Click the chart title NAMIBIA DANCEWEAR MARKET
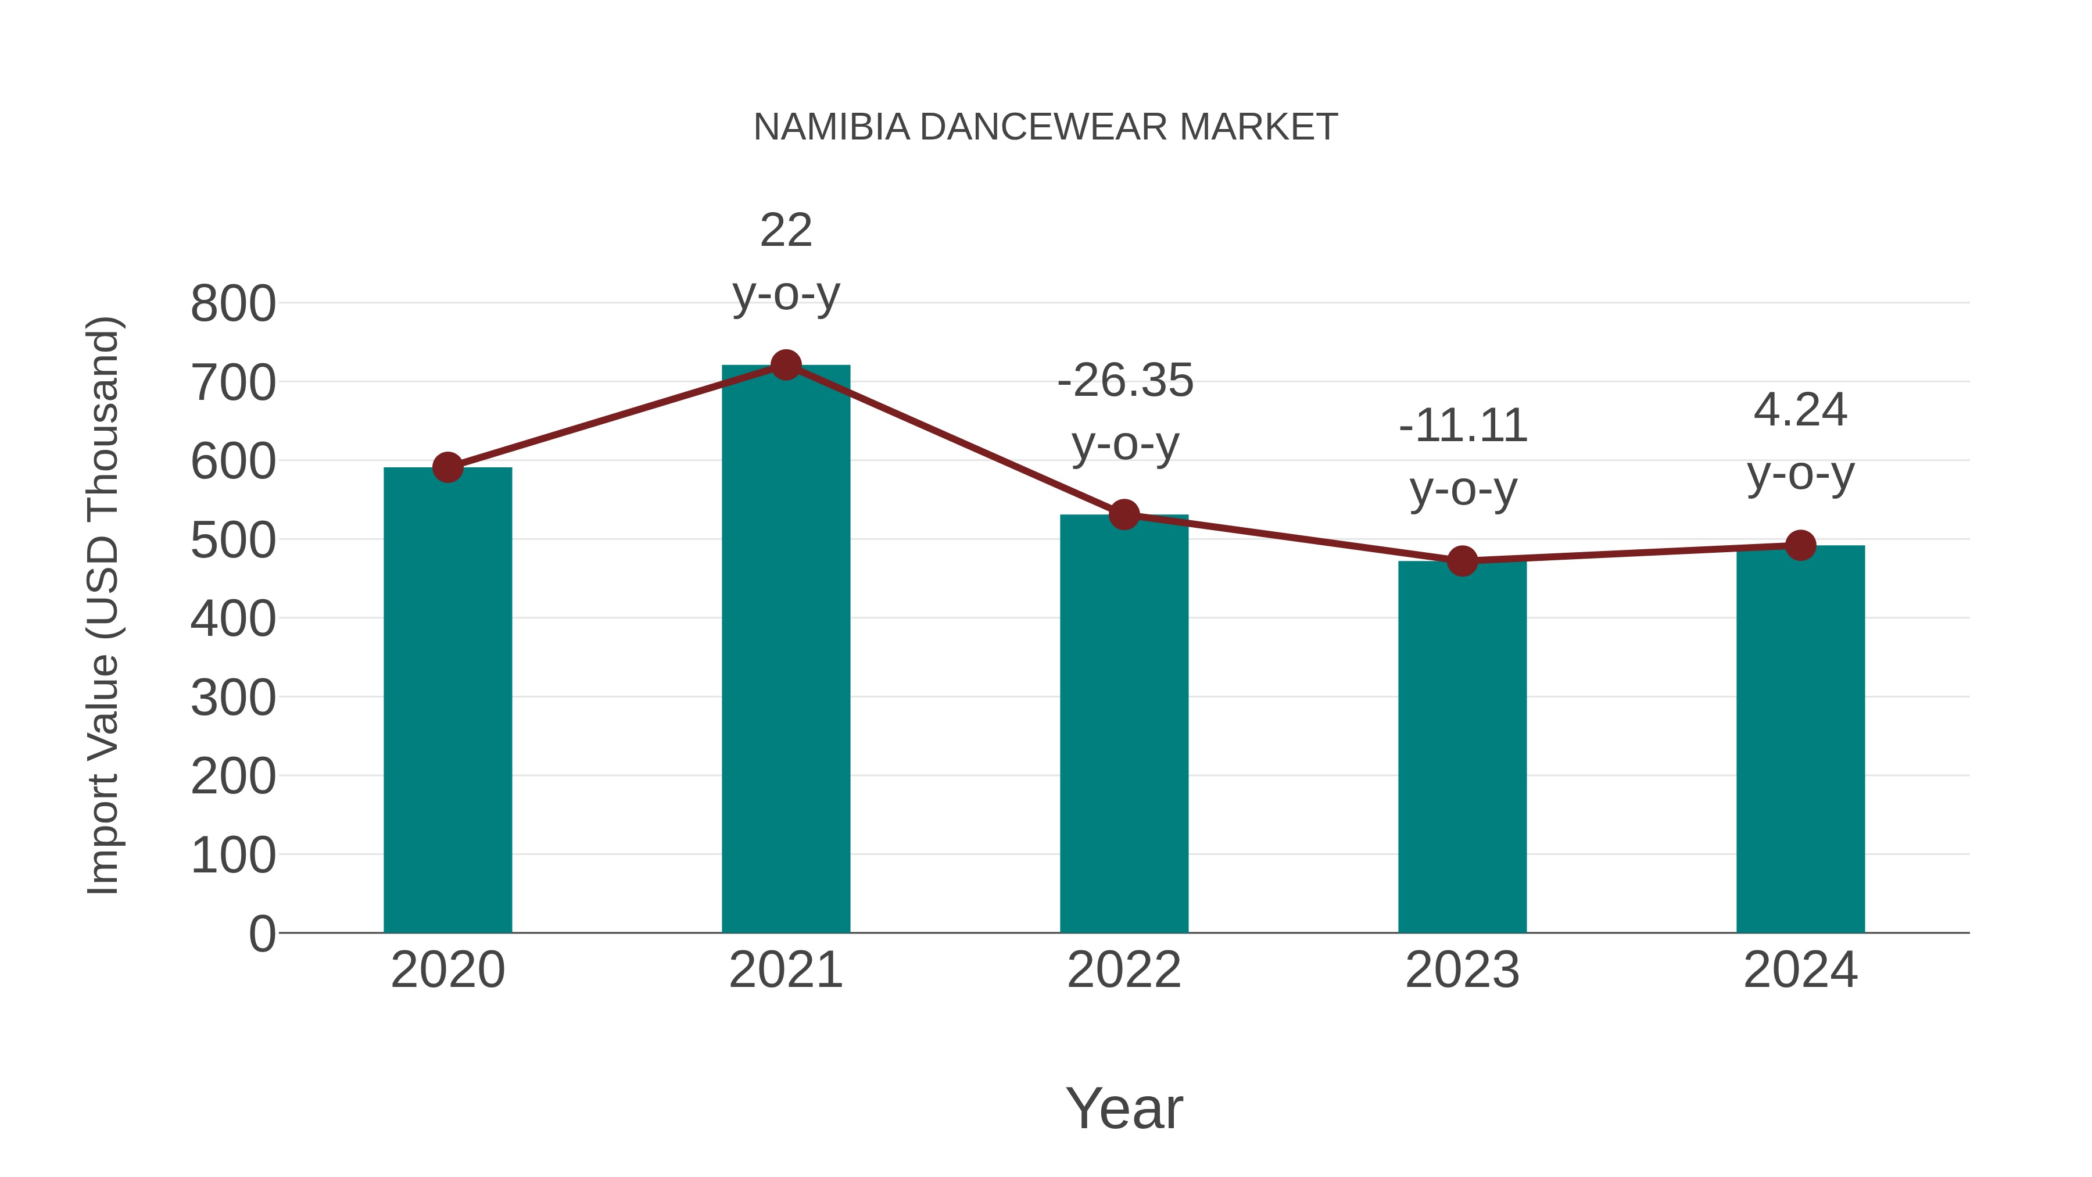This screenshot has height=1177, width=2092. coord(1045,127)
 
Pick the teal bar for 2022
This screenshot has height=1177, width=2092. coord(1124,723)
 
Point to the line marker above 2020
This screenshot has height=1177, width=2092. coord(447,467)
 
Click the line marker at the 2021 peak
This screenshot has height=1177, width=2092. coord(785,366)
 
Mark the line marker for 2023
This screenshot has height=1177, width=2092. coord(1462,560)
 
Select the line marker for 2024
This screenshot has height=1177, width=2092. coord(1800,545)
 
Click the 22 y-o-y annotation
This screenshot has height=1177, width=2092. coord(785,262)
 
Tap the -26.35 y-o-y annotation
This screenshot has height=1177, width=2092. coord(1125,412)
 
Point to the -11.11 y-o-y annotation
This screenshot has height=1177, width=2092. coord(1463,457)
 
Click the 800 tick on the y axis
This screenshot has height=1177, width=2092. coord(233,305)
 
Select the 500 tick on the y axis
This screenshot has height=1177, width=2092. coord(233,540)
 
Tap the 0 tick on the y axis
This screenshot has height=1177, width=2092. coord(261,933)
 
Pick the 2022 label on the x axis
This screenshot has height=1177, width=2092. coord(1124,970)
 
